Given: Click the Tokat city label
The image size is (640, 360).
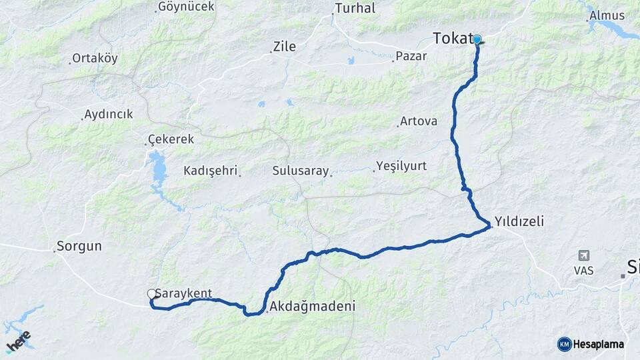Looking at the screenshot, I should (x=453, y=39).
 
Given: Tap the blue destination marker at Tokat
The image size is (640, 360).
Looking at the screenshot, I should (x=477, y=39).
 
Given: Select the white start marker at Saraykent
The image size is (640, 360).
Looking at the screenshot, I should (x=151, y=293).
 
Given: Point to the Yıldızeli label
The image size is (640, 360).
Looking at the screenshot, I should (x=519, y=222).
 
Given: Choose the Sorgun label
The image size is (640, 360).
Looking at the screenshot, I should (x=79, y=246).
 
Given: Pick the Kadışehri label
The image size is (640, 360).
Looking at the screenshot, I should (x=210, y=171).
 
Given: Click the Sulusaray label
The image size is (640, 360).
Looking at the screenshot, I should (x=301, y=171).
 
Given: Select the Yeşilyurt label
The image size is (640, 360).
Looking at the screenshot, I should (x=401, y=165).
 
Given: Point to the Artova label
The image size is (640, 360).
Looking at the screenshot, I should (x=418, y=121).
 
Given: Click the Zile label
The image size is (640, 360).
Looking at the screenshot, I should (x=284, y=47).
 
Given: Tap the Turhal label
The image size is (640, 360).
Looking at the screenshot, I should (x=355, y=9).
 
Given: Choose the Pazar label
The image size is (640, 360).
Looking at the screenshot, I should (x=411, y=56).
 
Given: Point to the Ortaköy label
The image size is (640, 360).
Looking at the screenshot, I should (x=95, y=58).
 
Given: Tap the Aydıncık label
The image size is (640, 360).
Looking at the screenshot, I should (x=109, y=114).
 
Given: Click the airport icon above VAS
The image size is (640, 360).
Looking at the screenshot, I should (x=585, y=255).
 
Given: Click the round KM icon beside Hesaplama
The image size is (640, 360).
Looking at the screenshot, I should (x=565, y=344).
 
